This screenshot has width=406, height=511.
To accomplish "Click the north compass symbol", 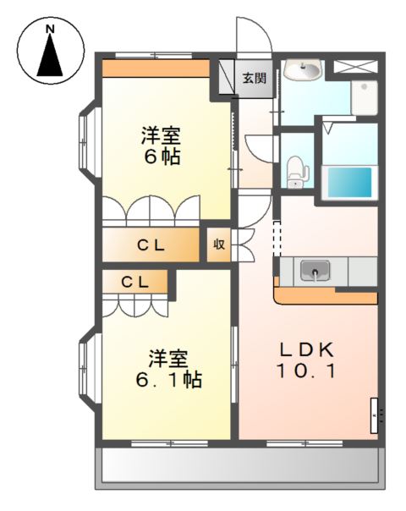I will [x=51, y=52].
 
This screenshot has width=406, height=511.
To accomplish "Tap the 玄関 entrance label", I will [x=254, y=79].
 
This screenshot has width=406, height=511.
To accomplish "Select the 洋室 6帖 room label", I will [x=160, y=146].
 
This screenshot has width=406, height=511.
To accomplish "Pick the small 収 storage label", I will [x=218, y=245].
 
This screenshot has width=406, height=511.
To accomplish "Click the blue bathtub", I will [x=350, y=182].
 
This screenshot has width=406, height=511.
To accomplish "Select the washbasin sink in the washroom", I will [x=302, y=71].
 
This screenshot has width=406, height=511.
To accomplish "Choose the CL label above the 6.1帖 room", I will [x=134, y=282].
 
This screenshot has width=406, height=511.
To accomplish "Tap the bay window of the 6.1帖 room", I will [x=86, y=370].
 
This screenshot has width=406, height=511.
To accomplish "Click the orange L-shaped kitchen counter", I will [x=326, y=295].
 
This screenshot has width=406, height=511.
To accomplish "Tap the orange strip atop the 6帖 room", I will [x=156, y=68].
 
